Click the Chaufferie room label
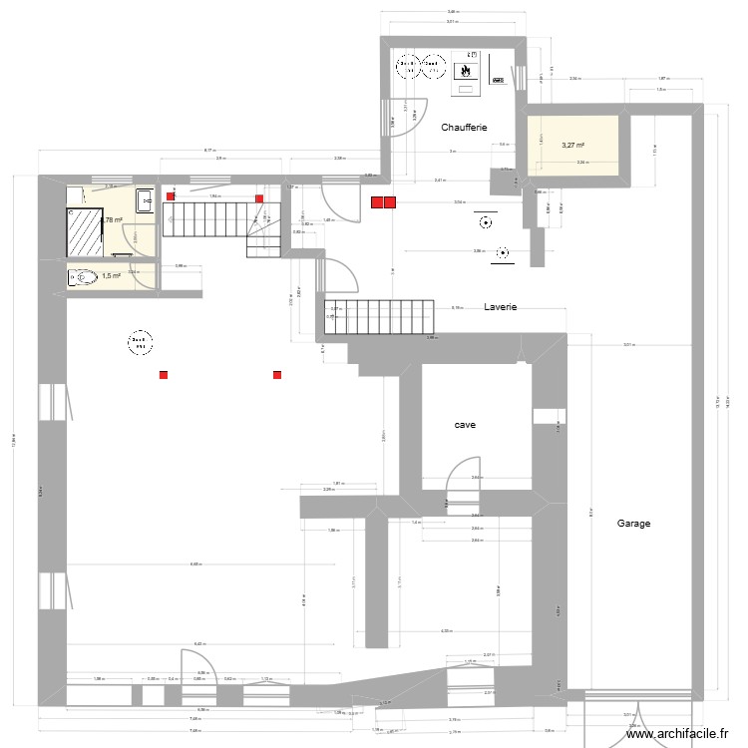464,128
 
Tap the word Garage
633,523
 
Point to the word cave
465,425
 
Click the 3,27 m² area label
573,145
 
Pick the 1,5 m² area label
111,276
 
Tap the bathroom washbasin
144,199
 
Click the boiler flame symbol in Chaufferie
465,72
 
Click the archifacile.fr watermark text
678,735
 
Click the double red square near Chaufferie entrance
383,202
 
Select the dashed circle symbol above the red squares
138,343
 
